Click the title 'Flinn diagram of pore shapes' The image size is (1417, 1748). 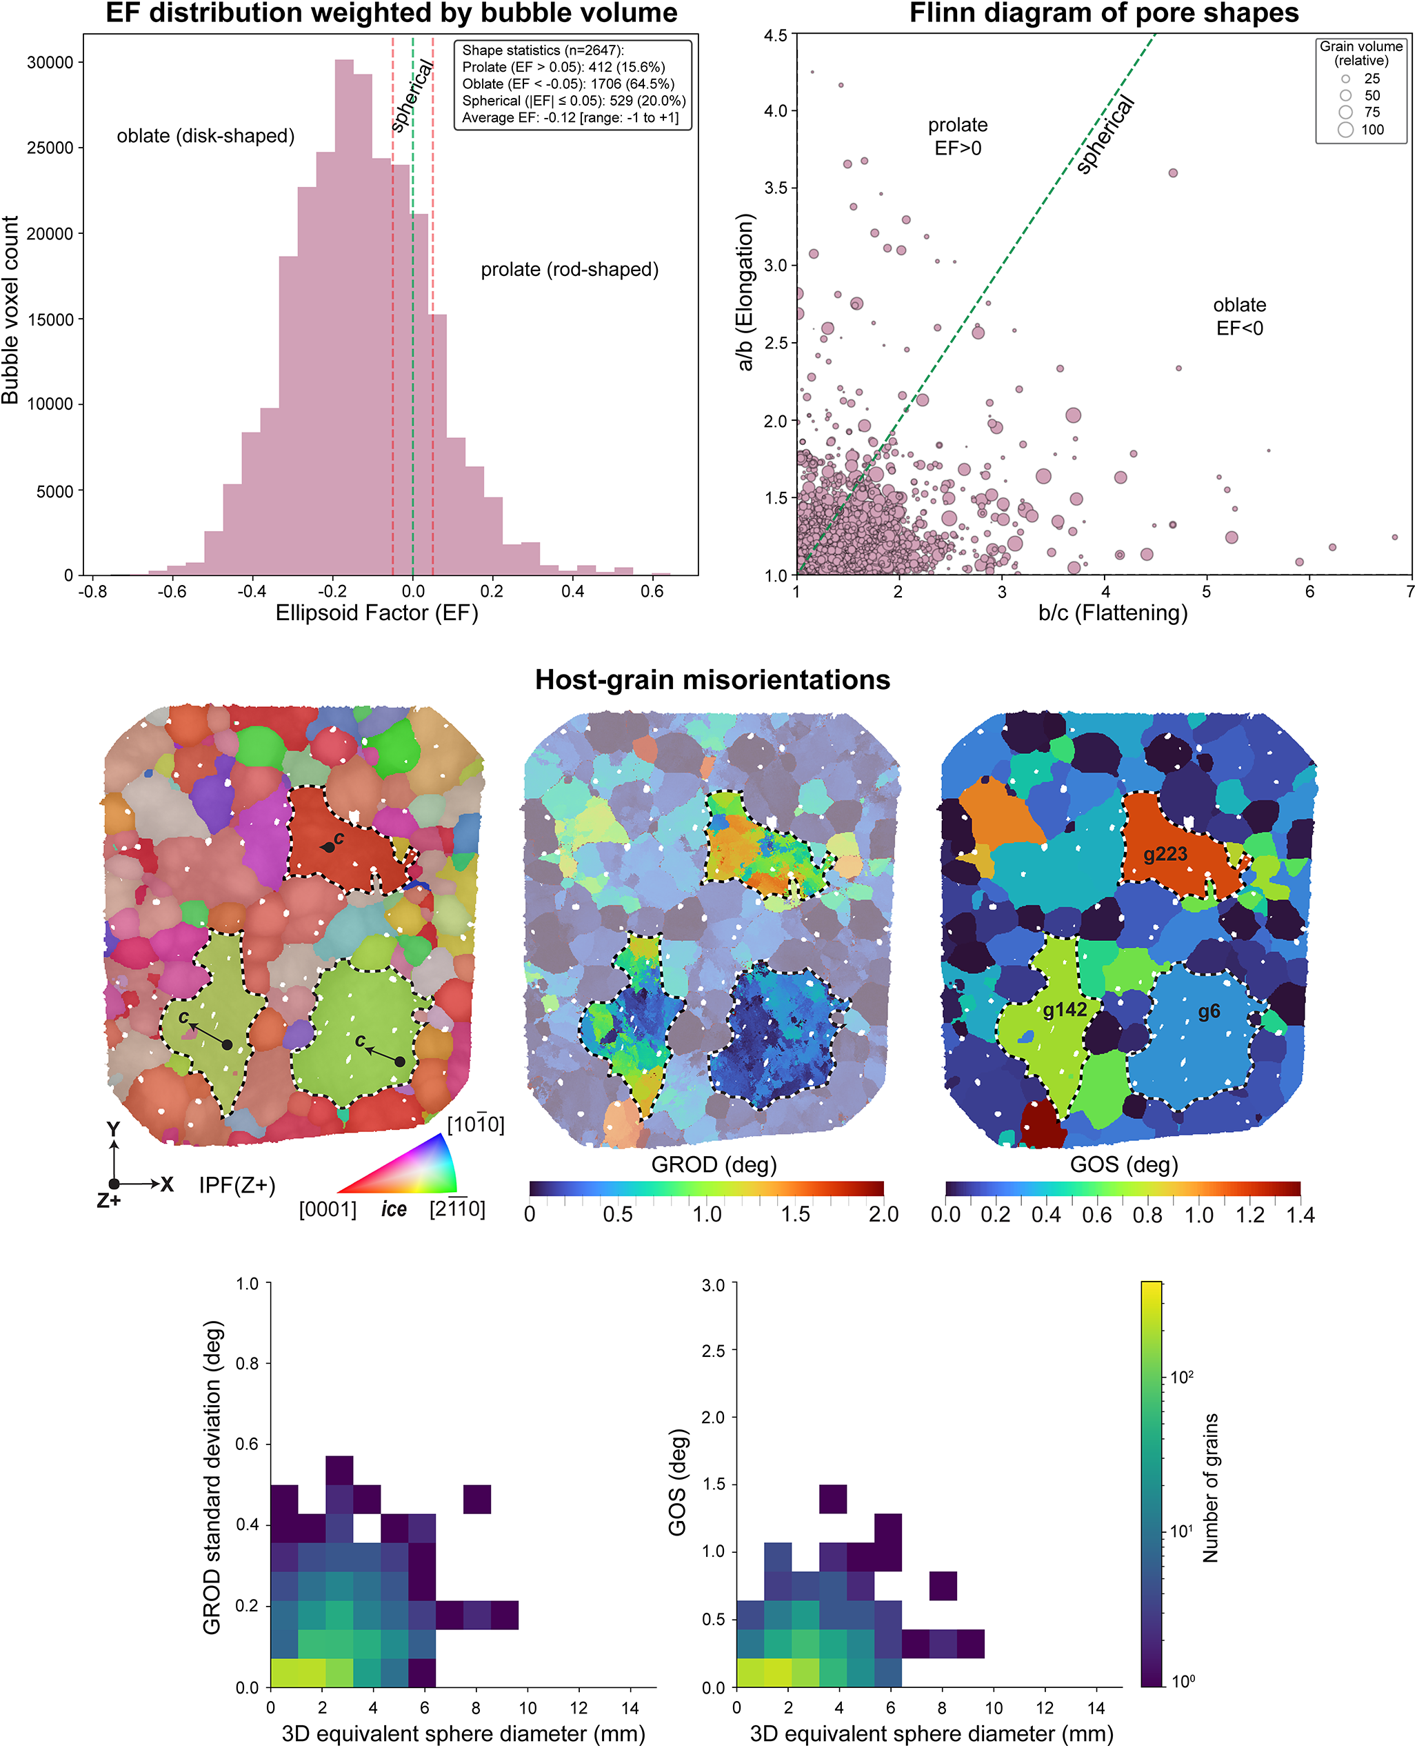[x=1103, y=13]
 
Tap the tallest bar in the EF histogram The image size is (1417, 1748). [x=343, y=317]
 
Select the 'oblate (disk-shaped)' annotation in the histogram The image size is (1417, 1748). [x=205, y=135]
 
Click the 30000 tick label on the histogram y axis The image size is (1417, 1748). [x=50, y=62]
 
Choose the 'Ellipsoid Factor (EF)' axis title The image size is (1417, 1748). [x=376, y=613]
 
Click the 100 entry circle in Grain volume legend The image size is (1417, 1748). [x=1345, y=130]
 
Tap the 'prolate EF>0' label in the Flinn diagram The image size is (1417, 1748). [x=958, y=137]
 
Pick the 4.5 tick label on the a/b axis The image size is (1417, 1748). [x=776, y=35]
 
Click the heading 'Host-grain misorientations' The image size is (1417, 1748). [x=712, y=679]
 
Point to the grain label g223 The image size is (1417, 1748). [x=1165, y=854]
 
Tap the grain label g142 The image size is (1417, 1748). [x=1065, y=1010]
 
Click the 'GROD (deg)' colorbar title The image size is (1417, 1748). [x=714, y=1164]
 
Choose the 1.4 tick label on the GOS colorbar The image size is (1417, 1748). [x=1300, y=1215]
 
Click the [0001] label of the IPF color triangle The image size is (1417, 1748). [x=328, y=1209]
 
